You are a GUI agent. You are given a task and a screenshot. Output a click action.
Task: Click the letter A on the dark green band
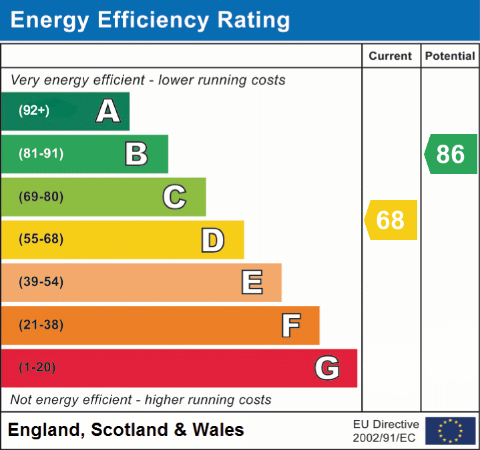click(x=107, y=111)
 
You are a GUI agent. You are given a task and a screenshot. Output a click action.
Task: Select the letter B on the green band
click(x=136, y=154)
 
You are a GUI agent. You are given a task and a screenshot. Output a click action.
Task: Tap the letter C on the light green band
click(x=174, y=197)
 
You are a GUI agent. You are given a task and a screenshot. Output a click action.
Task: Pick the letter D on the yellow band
click(x=212, y=239)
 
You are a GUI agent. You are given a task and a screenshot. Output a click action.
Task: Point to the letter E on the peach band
click(x=251, y=282)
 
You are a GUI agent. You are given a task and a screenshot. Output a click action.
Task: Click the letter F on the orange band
click(x=290, y=325)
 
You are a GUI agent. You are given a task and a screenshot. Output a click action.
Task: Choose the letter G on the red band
click(x=326, y=368)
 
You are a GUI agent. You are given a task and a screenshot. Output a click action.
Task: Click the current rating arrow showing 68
click(x=391, y=220)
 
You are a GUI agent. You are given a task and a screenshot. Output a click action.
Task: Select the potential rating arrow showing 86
click(x=451, y=154)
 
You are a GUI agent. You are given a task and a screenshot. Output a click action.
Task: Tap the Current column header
click(x=391, y=57)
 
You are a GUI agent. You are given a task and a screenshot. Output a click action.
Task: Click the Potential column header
click(x=450, y=57)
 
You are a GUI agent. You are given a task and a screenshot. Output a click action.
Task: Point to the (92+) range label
click(x=34, y=111)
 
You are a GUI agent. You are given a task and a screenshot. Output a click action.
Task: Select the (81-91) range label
click(x=41, y=154)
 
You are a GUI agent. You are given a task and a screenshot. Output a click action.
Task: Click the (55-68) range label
click(x=41, y=239)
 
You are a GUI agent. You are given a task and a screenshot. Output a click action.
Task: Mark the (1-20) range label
click(x=37, y=367)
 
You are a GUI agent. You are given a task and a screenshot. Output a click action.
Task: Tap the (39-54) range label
click(x=41, y=282)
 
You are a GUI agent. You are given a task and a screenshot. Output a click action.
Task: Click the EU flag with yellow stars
click(x=450, y=431)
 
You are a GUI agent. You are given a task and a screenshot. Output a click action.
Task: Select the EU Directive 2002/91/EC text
click(x=386, y=431)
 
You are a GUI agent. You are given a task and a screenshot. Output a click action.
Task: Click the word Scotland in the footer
click(x=130, y=430)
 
